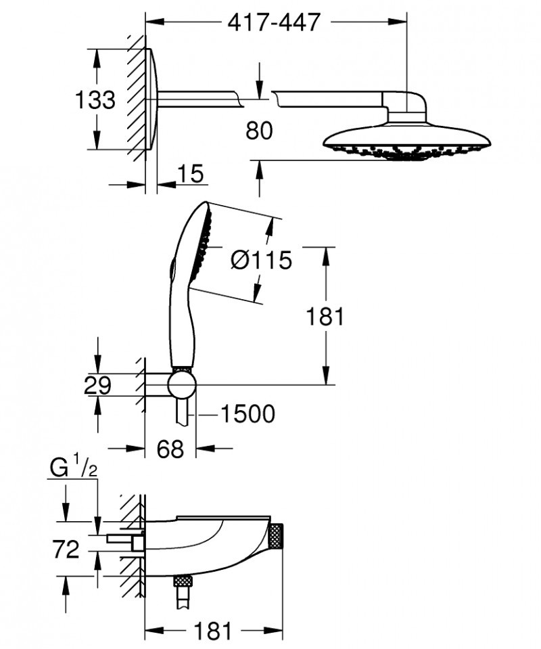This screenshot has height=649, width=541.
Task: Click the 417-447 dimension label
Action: [x=273, y=22]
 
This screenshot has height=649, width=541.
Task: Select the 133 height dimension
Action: [x=94, y=99]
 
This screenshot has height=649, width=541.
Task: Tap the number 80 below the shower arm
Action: [x=259, y=130]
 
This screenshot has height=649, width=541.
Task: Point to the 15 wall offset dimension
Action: [x=191, y=174]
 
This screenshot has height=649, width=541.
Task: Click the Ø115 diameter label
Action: [x=260, y=259]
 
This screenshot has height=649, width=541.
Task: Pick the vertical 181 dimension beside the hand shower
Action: [x=325, y=316]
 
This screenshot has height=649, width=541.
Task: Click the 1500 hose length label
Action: [x=248, y=413]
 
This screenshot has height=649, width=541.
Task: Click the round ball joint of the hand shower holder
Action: [x=182, y=386]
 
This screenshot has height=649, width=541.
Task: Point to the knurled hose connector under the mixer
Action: [x=181, y=581]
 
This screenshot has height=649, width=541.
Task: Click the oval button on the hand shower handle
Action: [x=173, y=268]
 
